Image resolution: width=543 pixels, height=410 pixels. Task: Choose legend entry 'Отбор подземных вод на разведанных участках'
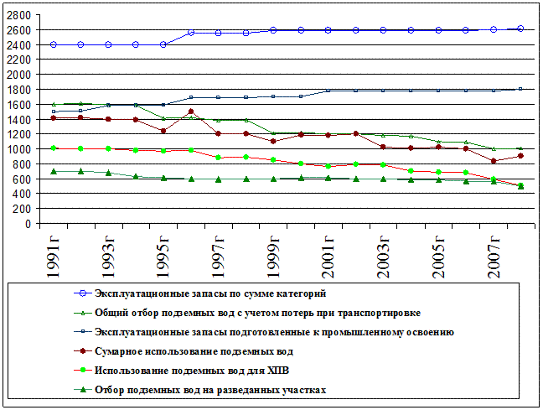click(x=209, y=390)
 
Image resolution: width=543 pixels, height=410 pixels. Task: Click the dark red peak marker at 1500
click(x=191, y=112)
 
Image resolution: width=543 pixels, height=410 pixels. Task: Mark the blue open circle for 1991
click(x=54, y=44)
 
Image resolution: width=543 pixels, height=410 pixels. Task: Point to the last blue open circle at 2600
click(x=520, y=29)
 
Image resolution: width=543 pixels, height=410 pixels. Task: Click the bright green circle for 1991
click(x=54, y=148)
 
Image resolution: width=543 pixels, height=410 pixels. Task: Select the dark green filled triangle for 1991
click(x=54, y=172)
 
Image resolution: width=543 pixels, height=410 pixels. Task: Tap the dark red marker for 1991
click(x=54, y=118)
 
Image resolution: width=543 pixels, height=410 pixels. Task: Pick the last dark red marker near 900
click(x=520, y=156)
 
